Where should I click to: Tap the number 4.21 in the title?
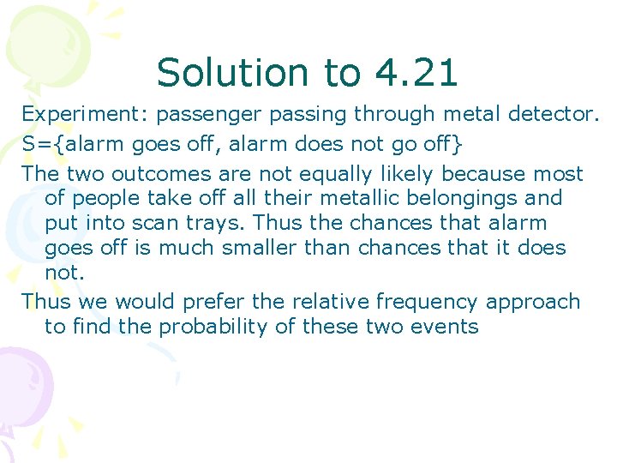[x=416, y=73]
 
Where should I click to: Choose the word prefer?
[x=250, y=302]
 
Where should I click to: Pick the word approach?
[x=533, y=302]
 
